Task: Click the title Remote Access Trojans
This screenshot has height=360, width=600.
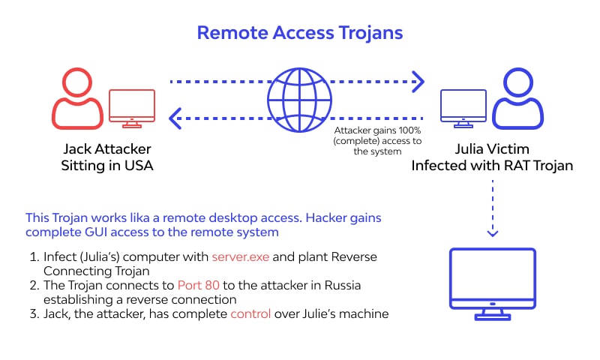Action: (299, 32)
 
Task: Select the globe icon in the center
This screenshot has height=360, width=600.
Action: (300, 98)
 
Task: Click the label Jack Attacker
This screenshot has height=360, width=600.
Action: (106, 148)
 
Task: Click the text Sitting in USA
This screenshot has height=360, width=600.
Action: (106, 166)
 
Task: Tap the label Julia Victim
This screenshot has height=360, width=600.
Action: (492, 148)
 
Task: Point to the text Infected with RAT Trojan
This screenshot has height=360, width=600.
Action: (492, 166)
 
